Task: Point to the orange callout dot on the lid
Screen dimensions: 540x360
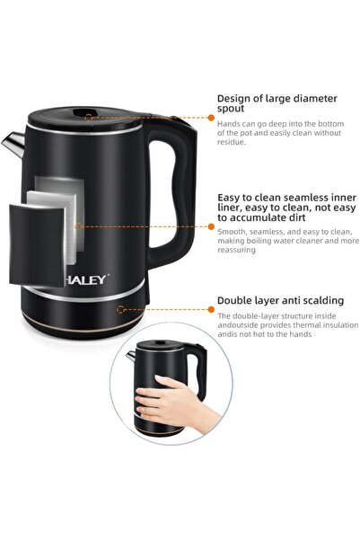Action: point(88,117)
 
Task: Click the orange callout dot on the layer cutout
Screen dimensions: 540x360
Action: point(78,226)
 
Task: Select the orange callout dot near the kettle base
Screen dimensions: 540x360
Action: point(119,308)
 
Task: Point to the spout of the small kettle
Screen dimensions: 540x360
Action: point(131,358)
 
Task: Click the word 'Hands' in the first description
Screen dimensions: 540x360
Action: point(229,123)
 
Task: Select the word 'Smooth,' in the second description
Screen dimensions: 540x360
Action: point(233,230)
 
